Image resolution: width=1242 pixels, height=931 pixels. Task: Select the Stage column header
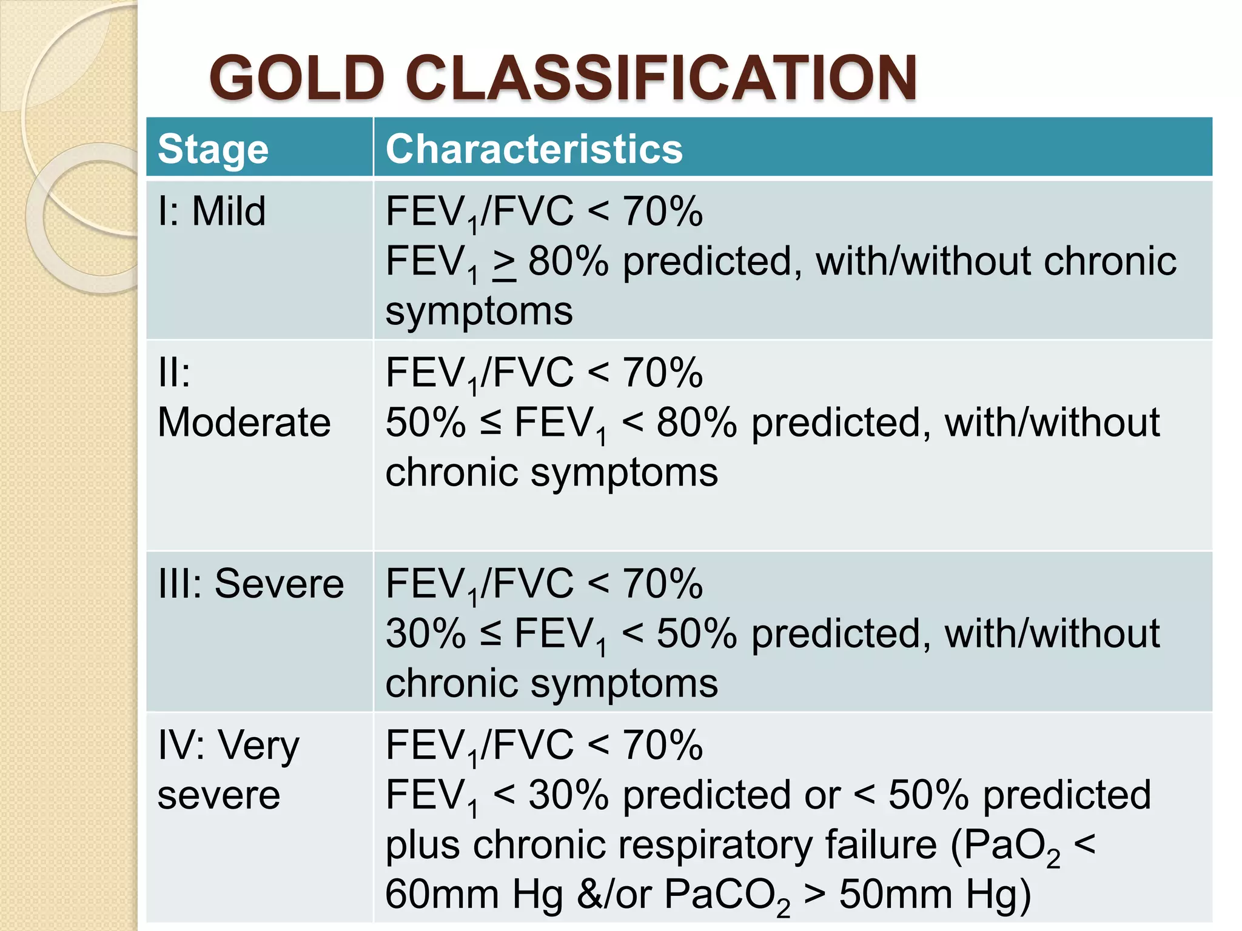coord(213,149)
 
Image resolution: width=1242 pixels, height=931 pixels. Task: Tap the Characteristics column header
coord(534,149)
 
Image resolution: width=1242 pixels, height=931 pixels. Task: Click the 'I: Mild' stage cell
coord(212,212)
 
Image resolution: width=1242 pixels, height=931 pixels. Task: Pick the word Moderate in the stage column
coord(244,422)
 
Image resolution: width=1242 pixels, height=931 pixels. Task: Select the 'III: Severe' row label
coord(250,584)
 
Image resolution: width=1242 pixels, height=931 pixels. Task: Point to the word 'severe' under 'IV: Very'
coord(218,795)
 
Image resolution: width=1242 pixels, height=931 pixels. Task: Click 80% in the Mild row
coord(568,262)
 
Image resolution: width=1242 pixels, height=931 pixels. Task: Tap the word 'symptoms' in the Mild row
coord(479,312)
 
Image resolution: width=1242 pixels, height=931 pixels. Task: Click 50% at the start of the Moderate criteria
coord(426,422)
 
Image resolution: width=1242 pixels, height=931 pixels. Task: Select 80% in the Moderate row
coord(696,422)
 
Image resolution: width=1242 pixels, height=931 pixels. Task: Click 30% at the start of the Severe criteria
coord(426,634)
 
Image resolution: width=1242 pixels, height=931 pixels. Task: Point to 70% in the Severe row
coord(663,584)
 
